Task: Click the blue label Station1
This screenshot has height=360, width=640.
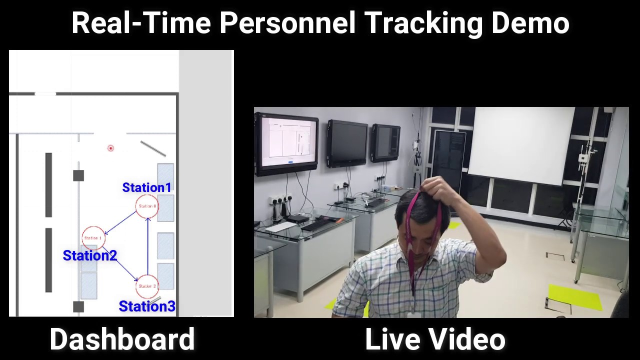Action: [x=146, y=187]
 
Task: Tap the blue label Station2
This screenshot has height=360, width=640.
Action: [x=89, y=255]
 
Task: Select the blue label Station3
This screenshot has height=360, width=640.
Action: [x=147, y=306]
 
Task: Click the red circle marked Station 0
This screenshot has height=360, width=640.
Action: [x=147, y=206]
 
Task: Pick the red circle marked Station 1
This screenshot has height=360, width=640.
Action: [x=93, y=238]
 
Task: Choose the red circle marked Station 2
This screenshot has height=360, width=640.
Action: [x=147, y=286]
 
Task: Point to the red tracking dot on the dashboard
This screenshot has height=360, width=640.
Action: [x=110, y=148]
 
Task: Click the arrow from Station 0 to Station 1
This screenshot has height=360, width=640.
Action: [x=120, y=222]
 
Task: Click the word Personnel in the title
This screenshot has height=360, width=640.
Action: [x=287, y=23]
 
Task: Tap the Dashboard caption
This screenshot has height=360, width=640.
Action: [x=122, y=339]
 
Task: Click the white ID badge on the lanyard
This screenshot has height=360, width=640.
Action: [x=413, y=314]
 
